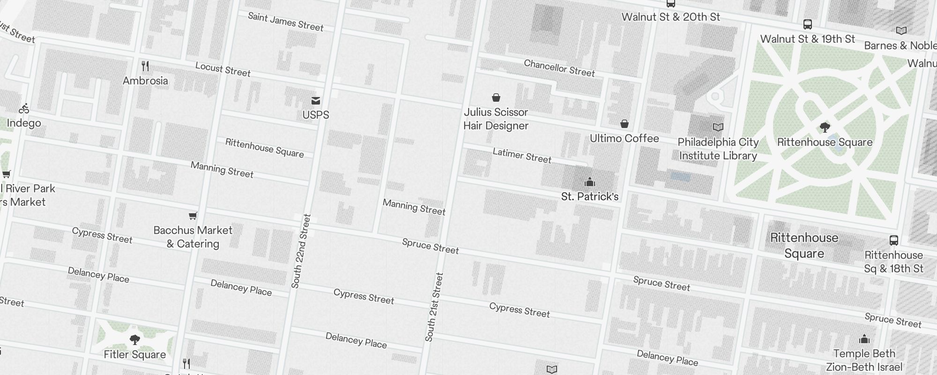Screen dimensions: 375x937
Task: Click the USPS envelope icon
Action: pyautogui.click(x=316, y=100)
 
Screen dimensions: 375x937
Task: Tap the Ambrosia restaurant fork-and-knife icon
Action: pyautogui.click(x=145, y=66)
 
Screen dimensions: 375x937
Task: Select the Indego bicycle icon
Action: pyautogui.click(x=24, y=109)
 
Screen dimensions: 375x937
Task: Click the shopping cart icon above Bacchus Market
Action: pyautogui.click(x=193, y=216)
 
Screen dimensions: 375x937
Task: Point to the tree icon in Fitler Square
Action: pyautogui.click(x=135, y=339)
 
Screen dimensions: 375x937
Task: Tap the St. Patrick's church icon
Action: pyautogui.click(x=590, y=182)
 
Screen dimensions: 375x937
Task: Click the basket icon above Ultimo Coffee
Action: pyautogui.click(x=625, y=124)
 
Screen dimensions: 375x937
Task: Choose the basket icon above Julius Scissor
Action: pyautogui.click(x=496, y=97)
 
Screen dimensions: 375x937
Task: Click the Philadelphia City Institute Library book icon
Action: pyautogui.click(x=718, y=127)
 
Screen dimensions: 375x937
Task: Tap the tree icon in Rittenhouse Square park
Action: pyautogui.click(x=825, y=127)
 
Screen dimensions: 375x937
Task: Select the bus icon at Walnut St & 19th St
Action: pyautogui.click(x=808, y=24)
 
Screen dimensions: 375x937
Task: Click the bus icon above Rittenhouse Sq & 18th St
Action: pyautogui.click(x=894, y=240)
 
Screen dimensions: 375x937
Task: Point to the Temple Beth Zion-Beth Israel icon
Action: pyautogui.click(x=864, y=339)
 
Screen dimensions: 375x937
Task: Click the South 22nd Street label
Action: pyautogui.click(x=301, y=251)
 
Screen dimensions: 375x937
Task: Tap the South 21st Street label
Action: pyautogui.click(x=434, y=307)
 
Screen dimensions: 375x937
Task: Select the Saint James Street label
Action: pyautogui.click(x=285, y=22)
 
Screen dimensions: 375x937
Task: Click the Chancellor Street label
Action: pyautogui.click(x=559, y=68)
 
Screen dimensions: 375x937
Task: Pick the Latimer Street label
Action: pyautogui.click(x=522, y=155)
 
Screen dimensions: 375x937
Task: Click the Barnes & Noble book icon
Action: pyautogui.click(x=901, y=31)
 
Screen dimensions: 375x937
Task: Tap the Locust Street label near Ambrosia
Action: pyautogui.click(x=223, y=69)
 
